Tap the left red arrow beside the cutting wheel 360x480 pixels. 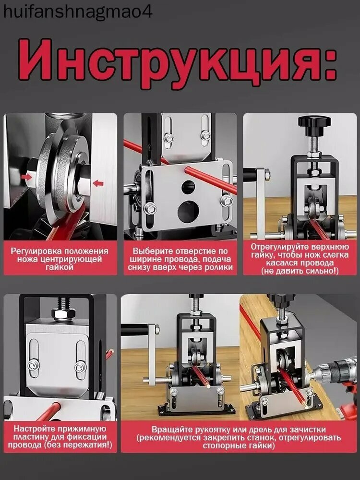tap(27, 177)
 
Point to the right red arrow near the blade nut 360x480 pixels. tap(98, 183)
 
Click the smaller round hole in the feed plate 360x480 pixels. tap(188, 187)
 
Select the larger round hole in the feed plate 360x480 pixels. tap(189, 211)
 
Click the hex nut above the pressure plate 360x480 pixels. tap(63, 314)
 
